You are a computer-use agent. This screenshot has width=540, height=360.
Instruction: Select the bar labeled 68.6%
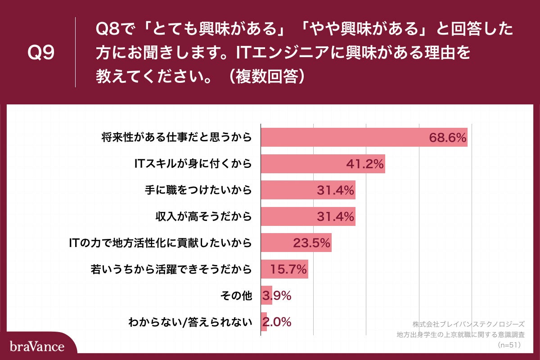pyautogui.click(x=364, y=137)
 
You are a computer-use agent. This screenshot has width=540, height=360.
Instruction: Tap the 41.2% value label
pyautogui.click(x=365, y=164)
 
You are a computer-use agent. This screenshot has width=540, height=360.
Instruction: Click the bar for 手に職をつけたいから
pyautogui.click(x=308, y=190)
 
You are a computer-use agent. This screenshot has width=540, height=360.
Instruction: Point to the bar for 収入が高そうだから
pyautogui.click(x=308, y=216)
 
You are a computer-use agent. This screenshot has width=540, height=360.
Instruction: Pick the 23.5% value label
pyautogui.click(x=312, y=243)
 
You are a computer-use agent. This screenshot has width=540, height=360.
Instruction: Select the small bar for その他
pyautogui.click(x=266, y=295)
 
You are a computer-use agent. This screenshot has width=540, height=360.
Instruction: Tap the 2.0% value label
pyautogui.click(x=276, y=322)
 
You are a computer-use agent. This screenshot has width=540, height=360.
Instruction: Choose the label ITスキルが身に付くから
pyautogui.click(x=192, y=164)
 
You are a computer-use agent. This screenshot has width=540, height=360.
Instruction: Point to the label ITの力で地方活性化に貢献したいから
pyautogui.click(x=159, y=243)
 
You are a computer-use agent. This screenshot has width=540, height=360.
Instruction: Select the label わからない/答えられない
pyautogui.click(x=189, y=322)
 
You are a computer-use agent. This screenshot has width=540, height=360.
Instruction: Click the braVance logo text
pyautogui.click(x=37, y=346)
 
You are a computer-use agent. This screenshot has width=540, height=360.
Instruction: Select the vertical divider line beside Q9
pyautogui.click(x=75, y=52)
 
